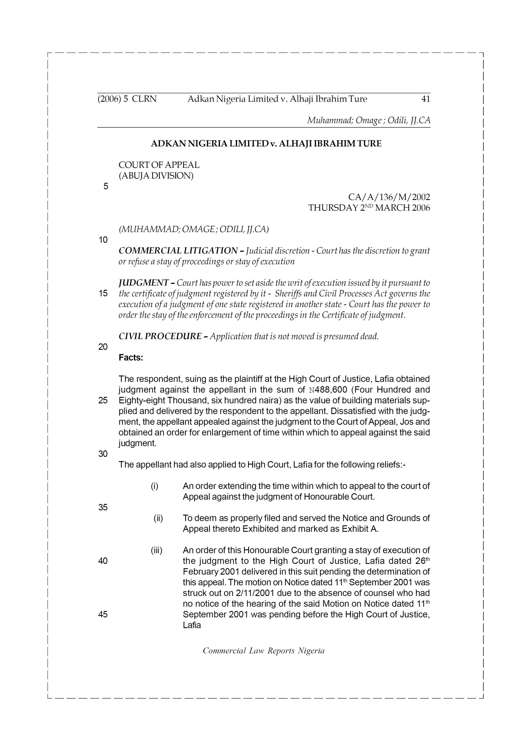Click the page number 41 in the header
point(426,99)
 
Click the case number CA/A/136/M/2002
point(389,197)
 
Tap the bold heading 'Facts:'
point(131,358)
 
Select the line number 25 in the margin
point(103,400)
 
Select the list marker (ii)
point(158,518)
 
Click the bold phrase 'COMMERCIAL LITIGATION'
point(178,251)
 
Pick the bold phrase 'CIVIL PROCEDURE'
point(160,336)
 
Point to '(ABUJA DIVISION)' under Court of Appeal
point(156,176)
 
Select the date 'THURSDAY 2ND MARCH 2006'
point(369,208)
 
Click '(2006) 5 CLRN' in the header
point(127,99)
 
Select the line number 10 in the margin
point(103,240)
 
